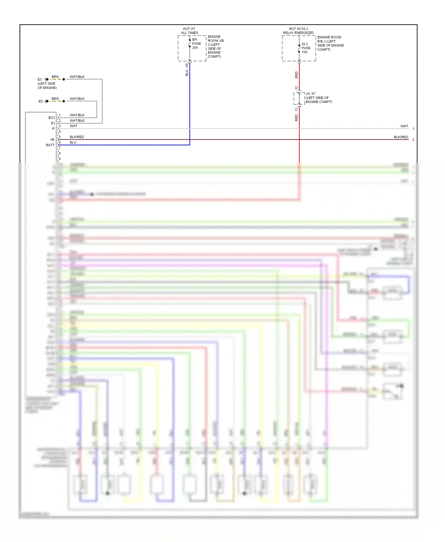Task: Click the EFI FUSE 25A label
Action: coord(196,44)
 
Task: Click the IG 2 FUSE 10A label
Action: coord(306,48)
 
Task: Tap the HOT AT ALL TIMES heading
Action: coord(189,31)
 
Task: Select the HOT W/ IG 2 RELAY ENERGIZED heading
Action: coord(298,31)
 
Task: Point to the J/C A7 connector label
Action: coord(311,94)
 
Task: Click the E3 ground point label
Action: coord(39,79)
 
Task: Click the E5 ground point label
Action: coord(40,101)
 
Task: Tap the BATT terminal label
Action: coord(50,145)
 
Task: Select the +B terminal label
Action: coord(52,140)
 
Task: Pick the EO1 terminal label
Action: coord(52,118)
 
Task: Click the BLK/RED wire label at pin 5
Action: coord(77,137)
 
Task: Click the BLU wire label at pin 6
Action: coord(73,142)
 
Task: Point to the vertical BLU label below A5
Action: coord(187,73)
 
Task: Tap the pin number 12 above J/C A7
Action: coord(296,88)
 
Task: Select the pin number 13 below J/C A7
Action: coord(296,109)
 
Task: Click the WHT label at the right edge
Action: coord(404,126)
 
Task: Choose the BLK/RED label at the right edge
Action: coord(401,137)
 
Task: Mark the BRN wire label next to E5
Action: coord(55,99)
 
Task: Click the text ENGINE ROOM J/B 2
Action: coord(215,41)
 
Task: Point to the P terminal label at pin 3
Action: coord(53,129)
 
